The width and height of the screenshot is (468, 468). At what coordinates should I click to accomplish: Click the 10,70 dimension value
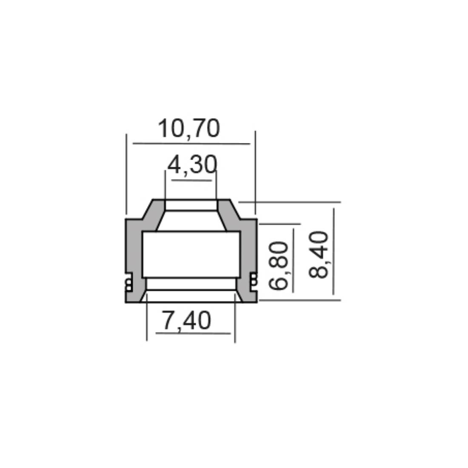pyautogui.click(x=189, y=128)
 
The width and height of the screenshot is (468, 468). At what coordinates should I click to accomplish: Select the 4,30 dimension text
pyautogui.click(x=192, y=165)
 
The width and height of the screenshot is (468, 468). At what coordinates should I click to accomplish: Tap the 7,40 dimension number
pyautogui.click(x=186, y=320)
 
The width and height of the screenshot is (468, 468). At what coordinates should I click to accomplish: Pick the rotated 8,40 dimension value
pyautogui.click(x=319, y=254)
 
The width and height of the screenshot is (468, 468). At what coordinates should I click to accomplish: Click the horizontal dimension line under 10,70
pyautogui.click(x=191, y=143)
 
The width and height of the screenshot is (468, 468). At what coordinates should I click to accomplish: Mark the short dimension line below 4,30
pyautogui.click(x=191, y=180)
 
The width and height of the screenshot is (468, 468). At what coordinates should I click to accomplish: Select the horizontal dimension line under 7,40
pyautogui.click(x=193, y=333)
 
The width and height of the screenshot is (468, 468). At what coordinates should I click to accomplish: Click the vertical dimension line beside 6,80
pyautogui.click(x=293, y=260)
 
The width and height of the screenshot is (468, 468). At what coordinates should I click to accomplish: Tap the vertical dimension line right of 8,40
pyautogui.click(x=334, y=251)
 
